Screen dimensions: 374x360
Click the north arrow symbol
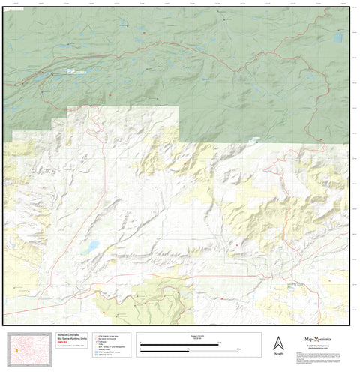278,341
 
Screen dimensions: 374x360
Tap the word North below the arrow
278,353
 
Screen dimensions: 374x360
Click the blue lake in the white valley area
91,246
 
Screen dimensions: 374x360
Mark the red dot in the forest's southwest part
109,95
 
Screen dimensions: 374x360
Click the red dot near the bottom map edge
222,299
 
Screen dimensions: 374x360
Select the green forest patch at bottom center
157,300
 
